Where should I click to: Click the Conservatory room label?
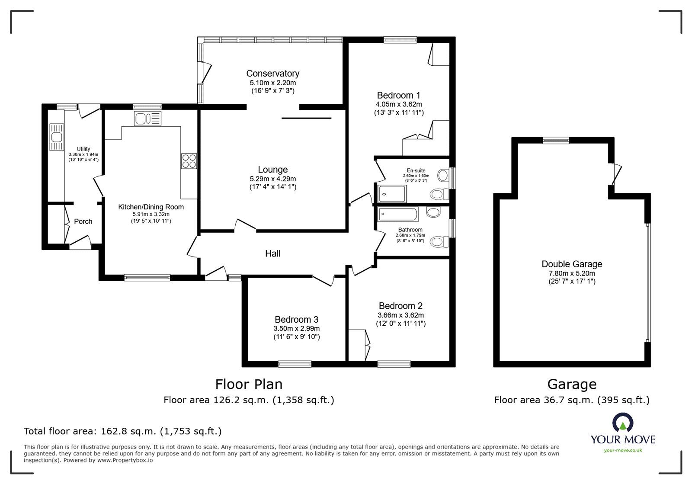pos(272,74)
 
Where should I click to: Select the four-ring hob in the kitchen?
pos(189,161)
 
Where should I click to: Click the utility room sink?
pos(57,138)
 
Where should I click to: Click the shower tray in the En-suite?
pos(392,194)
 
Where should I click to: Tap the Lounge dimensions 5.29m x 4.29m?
pos(272,179)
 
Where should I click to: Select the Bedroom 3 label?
pos(296,320)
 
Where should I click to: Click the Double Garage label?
pos(571,264)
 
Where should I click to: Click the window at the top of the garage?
pos(556,140)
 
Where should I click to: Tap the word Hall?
pos(272,253)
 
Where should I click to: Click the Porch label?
pos(83,221)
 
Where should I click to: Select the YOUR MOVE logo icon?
pos(622,423)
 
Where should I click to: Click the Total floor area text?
pos(122,431)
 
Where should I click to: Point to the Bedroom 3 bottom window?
pos(295,364)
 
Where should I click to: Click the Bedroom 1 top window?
pos(400,40)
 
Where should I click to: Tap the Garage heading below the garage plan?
pos(571,384)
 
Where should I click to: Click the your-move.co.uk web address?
pos(623,450)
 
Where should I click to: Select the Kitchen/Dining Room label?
pos(151,207)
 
